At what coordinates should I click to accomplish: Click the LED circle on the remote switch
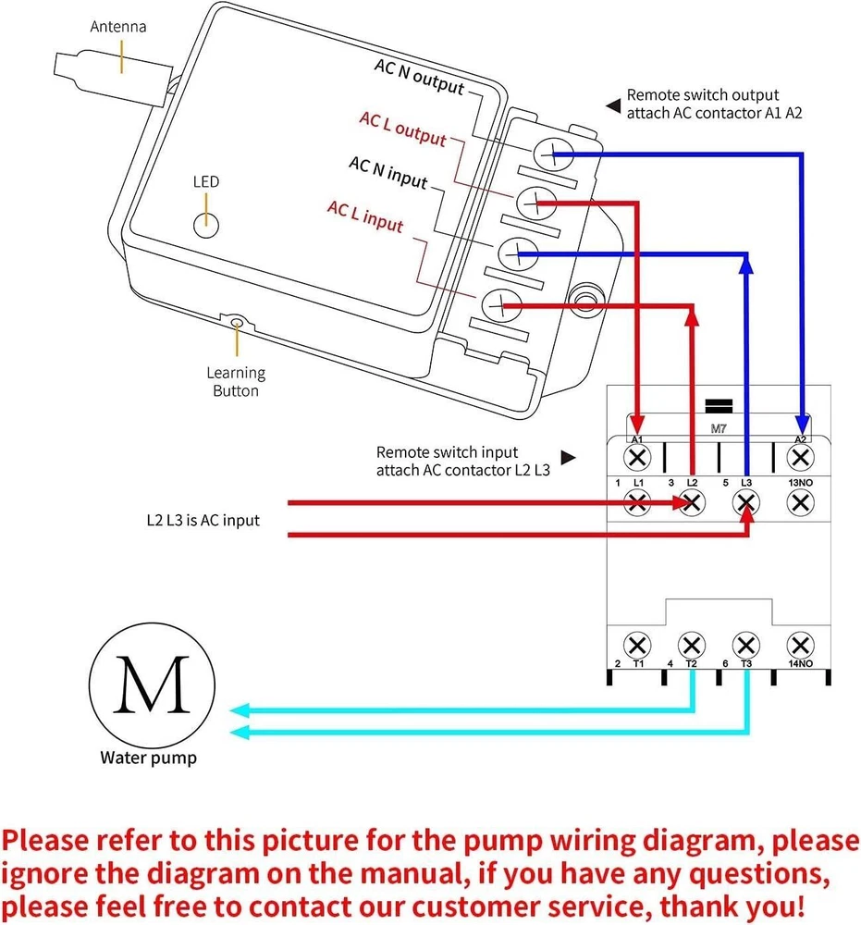205,222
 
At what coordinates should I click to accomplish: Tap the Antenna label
117,27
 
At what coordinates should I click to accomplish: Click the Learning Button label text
235,381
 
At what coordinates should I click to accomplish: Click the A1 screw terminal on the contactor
637,457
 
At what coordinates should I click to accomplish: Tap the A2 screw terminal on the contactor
800,457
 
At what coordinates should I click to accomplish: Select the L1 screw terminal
637,502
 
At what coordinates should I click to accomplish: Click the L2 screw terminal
691,502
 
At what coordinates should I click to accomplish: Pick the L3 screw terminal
745,502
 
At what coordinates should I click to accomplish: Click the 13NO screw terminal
800,502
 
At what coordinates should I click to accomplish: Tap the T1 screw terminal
637,645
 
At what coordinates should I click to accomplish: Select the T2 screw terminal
691,645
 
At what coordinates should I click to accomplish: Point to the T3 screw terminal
745,645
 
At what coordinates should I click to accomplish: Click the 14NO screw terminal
800,645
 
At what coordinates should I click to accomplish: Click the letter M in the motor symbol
152,685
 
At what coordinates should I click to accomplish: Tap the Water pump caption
148,758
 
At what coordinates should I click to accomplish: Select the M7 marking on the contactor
719,429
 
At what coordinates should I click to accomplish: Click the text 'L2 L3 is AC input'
203,520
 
